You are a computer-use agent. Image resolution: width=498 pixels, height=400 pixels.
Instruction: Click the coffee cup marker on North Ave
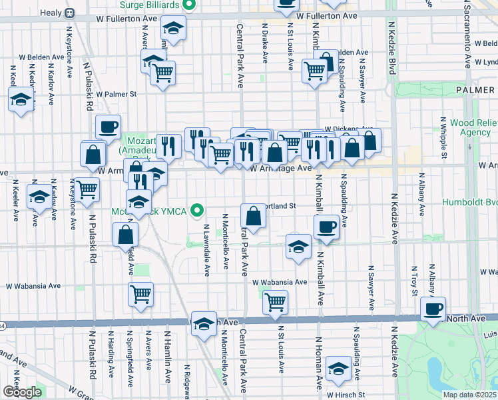point(434,309)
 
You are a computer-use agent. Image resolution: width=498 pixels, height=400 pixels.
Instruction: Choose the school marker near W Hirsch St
point(339,367)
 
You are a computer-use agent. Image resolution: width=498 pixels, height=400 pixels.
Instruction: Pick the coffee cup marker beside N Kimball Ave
point(326,227)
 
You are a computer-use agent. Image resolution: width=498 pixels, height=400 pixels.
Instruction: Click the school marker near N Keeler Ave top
point(21,101)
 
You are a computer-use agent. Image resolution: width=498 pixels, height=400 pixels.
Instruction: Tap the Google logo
point(22,392)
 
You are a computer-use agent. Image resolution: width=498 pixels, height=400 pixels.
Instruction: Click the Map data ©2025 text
point(469,395)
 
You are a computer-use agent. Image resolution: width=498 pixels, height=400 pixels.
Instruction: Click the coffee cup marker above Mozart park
point(108,127)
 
